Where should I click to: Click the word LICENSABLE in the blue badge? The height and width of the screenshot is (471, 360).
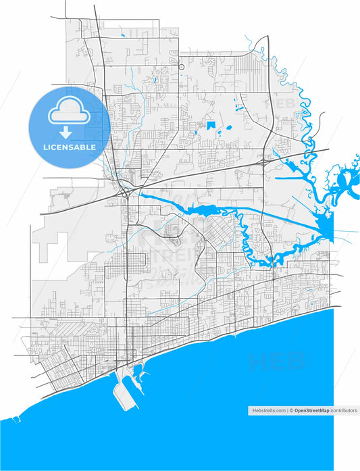tap(70, 146)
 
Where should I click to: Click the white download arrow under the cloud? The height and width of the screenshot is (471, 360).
tap(70, 130)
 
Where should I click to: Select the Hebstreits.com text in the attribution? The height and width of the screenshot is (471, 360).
tap(267, 410)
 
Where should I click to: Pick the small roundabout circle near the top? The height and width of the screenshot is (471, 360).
tap(182, 66)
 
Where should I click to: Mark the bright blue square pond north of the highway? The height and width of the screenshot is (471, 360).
tap(211, 125)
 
